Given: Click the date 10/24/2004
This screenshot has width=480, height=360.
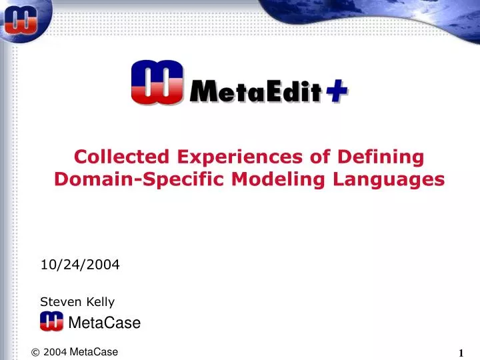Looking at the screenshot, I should point(80,265).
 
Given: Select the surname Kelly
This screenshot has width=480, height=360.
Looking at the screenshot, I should point(97,302).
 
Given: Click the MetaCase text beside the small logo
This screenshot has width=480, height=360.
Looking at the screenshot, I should point(105,323).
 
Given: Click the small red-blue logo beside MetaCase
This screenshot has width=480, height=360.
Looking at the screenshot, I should point(51,321).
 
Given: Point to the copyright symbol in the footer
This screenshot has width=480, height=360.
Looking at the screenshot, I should point(35,353).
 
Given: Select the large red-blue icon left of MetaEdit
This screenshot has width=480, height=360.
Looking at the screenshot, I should point(157,82).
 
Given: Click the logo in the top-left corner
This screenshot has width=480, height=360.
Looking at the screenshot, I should point(20,20).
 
